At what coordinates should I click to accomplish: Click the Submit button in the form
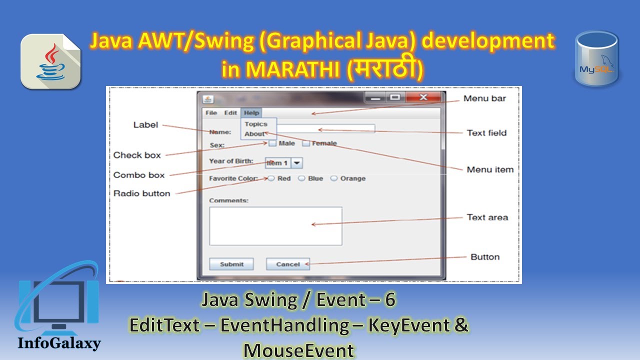231,264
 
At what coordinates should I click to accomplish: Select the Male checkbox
272,143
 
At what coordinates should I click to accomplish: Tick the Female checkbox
306,143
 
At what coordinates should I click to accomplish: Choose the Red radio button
271,178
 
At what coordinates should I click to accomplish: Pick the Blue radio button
301,178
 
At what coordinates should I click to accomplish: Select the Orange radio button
334,178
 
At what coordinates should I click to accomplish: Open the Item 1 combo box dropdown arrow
297,163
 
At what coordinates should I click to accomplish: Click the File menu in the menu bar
211,113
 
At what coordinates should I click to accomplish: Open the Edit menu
230,113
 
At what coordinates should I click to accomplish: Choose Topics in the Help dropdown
256,124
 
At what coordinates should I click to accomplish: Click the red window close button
423,97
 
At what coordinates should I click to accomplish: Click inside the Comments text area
275,226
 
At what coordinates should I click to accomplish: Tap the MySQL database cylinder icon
596,58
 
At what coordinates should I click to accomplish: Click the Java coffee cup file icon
50,61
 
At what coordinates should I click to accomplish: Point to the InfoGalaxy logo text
59,343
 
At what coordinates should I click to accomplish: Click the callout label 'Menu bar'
484,98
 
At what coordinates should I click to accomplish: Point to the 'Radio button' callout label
141,193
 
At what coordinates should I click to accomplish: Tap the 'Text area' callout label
487,217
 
